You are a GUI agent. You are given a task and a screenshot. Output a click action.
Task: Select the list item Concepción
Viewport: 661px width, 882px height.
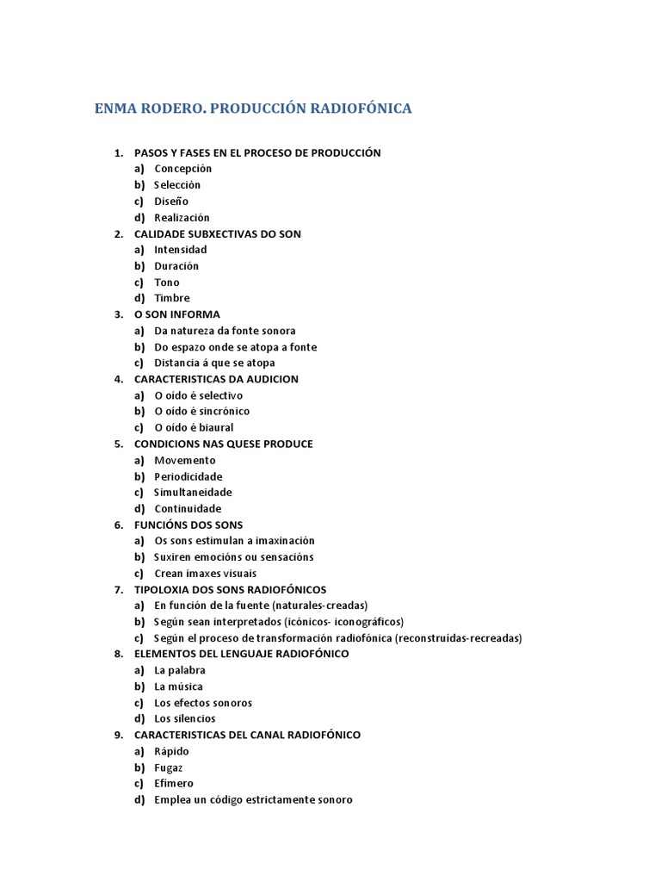click(182, 169)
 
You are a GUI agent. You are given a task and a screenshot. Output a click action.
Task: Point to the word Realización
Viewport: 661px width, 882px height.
click(182, 217)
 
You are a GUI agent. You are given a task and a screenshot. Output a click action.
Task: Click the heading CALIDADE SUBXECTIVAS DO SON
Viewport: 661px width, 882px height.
click(218, 233)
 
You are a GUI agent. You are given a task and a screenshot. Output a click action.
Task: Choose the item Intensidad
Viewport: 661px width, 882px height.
click(181, 250)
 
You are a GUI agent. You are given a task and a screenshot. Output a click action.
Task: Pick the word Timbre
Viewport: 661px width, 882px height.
click(172, 298)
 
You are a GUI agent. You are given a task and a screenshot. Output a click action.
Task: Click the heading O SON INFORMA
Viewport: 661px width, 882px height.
click(177, 314)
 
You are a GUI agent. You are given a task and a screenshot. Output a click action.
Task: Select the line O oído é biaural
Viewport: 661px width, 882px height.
click(194, 427)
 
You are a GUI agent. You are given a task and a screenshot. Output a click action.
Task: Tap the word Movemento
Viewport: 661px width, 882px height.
click(185, 460)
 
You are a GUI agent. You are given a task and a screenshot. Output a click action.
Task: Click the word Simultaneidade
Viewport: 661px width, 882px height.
click(193, 493)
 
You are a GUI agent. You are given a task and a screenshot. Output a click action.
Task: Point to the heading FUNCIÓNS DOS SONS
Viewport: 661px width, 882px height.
click(188, 525)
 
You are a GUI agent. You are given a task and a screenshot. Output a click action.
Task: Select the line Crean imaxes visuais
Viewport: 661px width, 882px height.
click(205, 574)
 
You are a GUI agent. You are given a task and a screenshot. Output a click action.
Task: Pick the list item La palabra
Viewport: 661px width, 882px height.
click(180, 670)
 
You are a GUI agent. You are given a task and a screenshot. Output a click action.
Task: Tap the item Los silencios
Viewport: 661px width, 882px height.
click(185, 718)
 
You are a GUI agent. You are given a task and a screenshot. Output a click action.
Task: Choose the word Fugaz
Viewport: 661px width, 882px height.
click(169, 767)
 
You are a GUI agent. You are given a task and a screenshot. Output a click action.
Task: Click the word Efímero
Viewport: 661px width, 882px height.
click(174, 784)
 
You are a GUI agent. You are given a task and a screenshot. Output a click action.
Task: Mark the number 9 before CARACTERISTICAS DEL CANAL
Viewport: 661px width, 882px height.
click(118, 735)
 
